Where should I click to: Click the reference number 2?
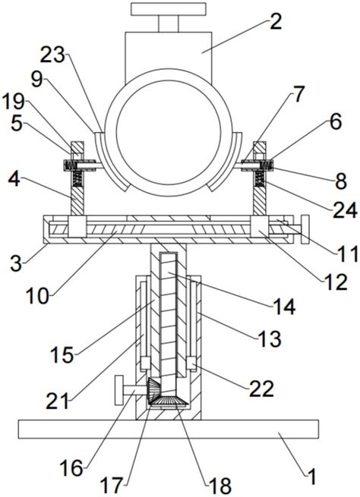click(275, 22)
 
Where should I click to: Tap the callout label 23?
click(52, 57)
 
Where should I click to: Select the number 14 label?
click(283, 307)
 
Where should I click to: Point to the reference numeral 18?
click(219, 486)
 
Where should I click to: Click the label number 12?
click(335, 282)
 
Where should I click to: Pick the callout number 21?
click(58, 401)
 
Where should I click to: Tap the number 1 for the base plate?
click(312, 477)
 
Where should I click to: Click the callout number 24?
click(345, 210)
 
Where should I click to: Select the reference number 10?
click(38, 297)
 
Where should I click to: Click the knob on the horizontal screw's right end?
click(305, 230)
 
